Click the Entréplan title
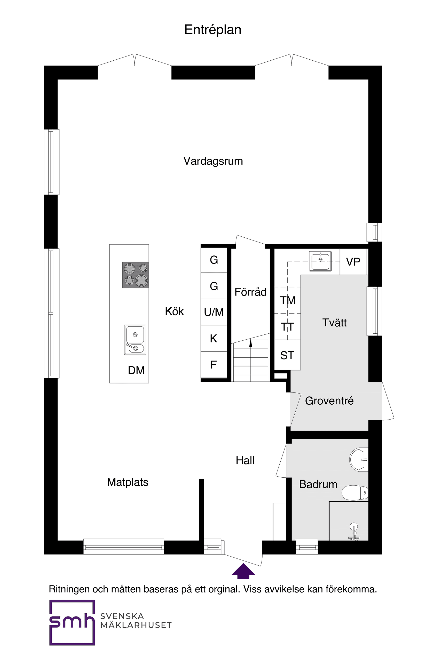coord(212,30)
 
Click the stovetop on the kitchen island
coord(136,275)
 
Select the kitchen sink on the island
coord(135,340)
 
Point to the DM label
coord(136,370)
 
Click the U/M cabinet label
coord(214,312)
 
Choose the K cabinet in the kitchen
coord(214,339)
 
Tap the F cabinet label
coord(214,365)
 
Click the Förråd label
coord(250,292)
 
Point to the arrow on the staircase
coord(251,343)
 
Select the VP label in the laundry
coord(353,262)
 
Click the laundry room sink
coord(320,261)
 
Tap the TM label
coord(287,300)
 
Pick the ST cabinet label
coord(287,355)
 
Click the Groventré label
coord(329,401)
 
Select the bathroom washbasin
coord(359,459)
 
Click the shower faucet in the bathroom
coord(354,532)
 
